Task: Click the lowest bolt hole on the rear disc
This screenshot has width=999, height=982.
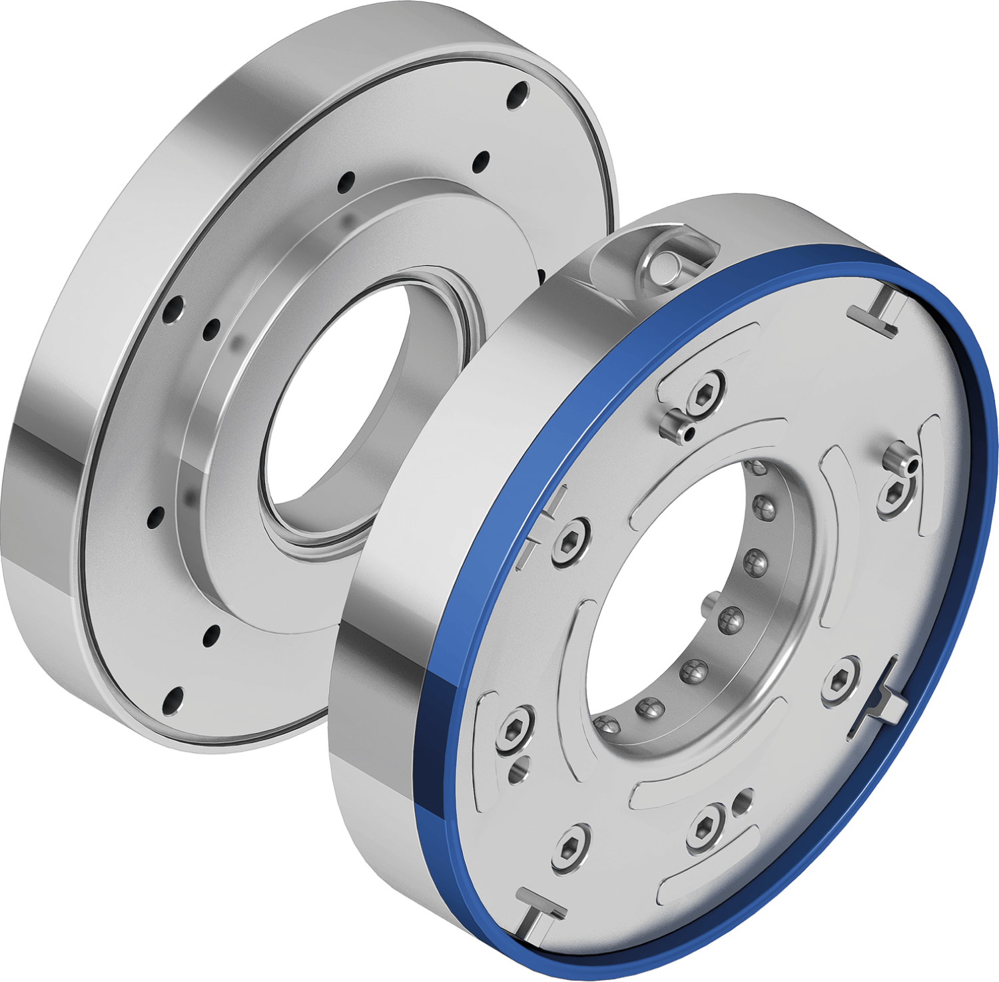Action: tap(172, 700)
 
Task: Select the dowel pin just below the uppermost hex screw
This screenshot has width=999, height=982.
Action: tap(677, 424)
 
